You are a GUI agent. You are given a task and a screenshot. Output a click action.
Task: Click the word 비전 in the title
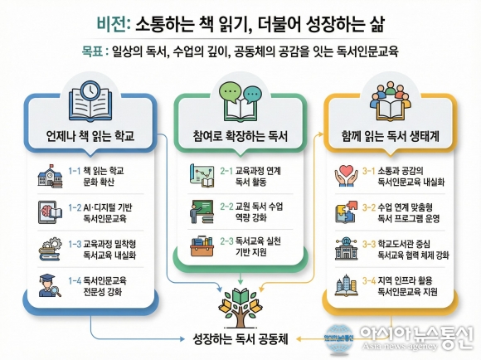click(111, 23)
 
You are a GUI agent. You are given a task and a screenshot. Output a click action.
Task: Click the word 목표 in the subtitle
click(92, 51)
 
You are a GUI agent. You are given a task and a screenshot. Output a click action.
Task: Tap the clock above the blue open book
click(90, 90)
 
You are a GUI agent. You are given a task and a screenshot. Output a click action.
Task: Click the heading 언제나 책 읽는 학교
click(90, 135)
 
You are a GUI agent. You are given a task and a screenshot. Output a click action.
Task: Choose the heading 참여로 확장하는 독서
click(240, 135)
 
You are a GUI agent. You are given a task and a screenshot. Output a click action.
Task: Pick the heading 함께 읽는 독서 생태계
click(391, 135)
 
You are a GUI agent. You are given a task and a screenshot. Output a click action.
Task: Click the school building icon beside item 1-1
click(50, 176)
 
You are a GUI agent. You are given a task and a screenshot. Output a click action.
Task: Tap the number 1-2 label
click(75, 207)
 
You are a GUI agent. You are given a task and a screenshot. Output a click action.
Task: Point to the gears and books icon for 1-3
click(51, 249)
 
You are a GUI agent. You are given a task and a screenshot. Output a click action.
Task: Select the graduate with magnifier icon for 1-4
click(50, 285)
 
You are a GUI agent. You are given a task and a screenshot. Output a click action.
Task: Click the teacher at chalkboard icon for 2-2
click(202, 212)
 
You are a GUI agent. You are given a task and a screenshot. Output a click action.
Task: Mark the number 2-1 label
click(226, 171)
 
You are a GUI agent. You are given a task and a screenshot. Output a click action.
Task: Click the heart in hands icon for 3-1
click(346, 176)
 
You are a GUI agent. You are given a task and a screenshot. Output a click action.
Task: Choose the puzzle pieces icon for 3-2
click(347, 212)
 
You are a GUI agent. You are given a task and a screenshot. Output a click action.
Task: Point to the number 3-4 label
click(369, 281)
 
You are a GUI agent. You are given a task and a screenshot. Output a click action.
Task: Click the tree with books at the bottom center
click(240, 308)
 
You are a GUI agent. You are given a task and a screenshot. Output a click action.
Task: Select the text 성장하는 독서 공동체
click(240, 339)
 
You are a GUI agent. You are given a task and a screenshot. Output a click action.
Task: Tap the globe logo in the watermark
click(339, 338)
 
